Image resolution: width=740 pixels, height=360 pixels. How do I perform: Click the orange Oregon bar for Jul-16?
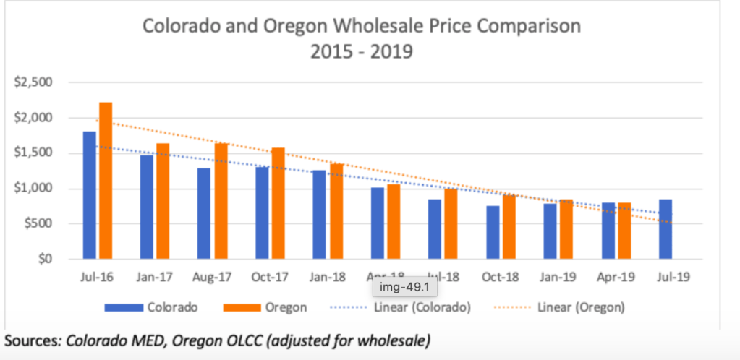(106, 181)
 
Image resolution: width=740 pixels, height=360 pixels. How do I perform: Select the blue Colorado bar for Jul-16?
(90, 195)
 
